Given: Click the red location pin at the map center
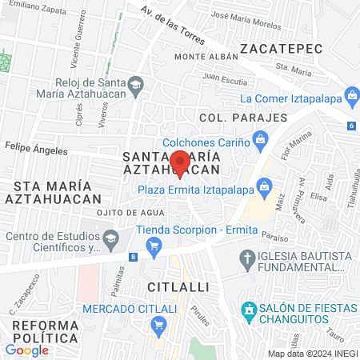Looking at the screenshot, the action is (180, 162).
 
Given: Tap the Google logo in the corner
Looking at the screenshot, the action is (26, 350).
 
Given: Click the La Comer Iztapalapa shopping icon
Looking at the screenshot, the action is (350, 98).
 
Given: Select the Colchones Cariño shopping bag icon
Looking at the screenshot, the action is (260, 140).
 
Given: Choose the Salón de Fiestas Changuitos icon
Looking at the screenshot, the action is (249, 309).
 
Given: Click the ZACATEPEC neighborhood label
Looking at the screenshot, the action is (286, 49).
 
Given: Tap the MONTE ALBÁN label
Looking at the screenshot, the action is (207, 57).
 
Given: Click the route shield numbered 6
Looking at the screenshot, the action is (351, 126).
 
